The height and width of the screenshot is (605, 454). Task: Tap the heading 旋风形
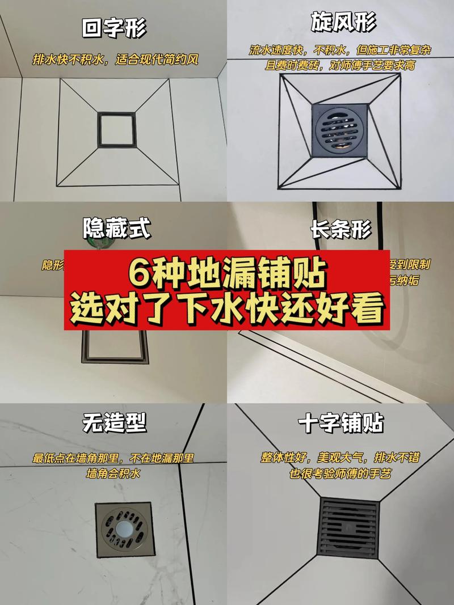click(343, 23)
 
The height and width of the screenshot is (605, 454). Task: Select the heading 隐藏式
click(117, 229)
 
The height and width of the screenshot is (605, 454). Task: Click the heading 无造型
click(113, 422)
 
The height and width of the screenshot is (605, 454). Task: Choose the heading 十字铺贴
click(340, 424)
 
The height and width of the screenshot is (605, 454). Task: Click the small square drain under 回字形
click(116, 130)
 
